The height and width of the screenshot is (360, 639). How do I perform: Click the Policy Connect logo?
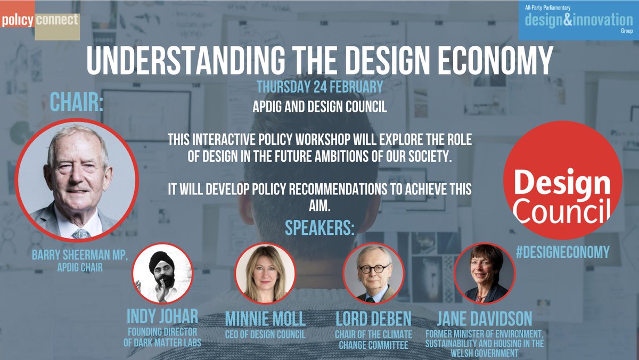(x=40, y=21)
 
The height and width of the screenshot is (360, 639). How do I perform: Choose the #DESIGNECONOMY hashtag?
(x=562, y=252)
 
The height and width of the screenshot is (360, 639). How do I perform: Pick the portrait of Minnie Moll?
(x=265, y=274)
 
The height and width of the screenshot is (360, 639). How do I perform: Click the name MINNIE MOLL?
(x=265, y=319)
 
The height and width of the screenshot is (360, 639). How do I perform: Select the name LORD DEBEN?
(x=373, y=319)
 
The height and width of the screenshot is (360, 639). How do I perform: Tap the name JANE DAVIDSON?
(x=485, y=319)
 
